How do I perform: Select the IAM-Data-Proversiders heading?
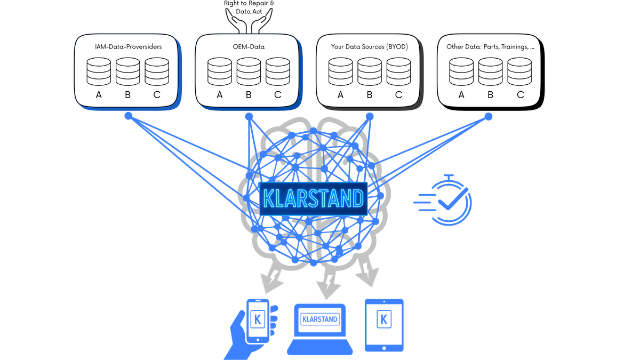(127, 47)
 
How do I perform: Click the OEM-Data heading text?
(249, 47)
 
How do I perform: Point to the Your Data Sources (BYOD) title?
(369, 47)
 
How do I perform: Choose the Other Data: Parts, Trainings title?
(490, 47)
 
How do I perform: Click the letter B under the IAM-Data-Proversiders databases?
(127, 95)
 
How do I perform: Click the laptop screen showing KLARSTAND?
(320, 319)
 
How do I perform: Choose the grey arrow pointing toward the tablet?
(367, 270)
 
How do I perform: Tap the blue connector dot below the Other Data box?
(489, 115)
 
